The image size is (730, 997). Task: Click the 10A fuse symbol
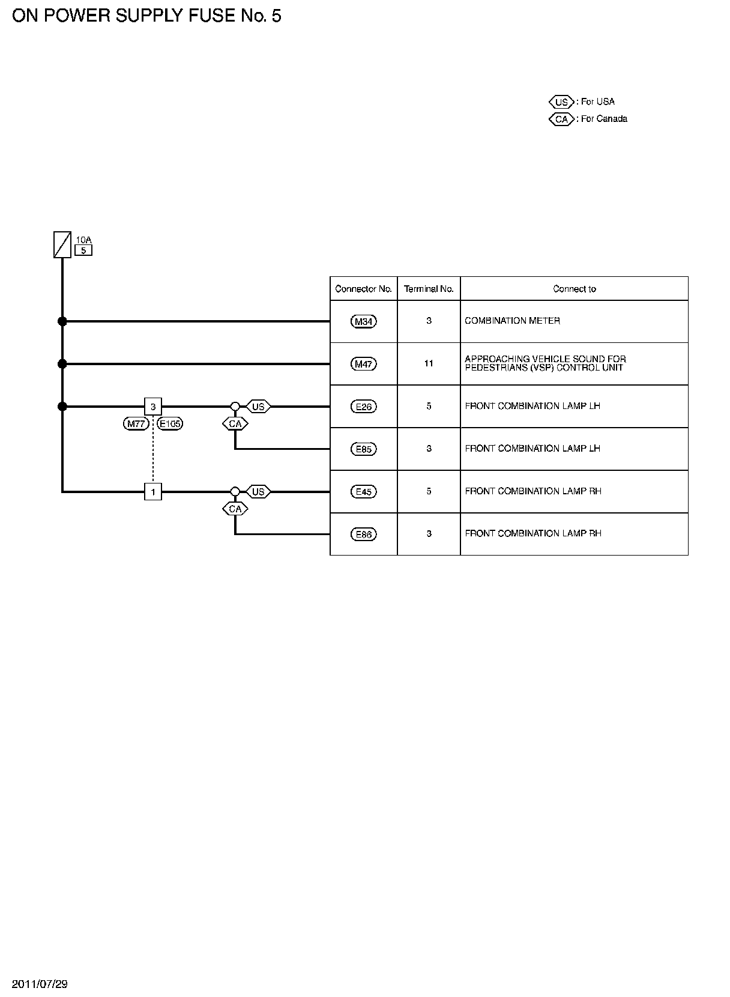62,244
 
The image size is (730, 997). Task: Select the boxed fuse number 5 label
83,250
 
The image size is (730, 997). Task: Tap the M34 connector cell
364,321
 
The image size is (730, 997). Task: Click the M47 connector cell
364,364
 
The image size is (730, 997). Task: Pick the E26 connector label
364,407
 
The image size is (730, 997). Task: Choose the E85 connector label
364,449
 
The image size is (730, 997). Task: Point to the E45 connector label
364,492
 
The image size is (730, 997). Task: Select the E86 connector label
364,534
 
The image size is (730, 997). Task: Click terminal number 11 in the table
429,363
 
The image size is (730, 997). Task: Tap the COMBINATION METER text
512,321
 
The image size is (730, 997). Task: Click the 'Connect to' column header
574,289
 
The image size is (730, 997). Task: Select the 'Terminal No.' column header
429,289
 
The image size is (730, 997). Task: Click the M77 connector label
136,423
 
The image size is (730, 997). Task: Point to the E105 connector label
170,423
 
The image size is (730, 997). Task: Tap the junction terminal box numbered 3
153,407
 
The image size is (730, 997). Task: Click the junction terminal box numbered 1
153,492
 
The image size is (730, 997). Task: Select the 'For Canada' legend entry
588,119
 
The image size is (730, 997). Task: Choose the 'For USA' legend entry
582,102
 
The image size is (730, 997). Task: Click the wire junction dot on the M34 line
62,321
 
